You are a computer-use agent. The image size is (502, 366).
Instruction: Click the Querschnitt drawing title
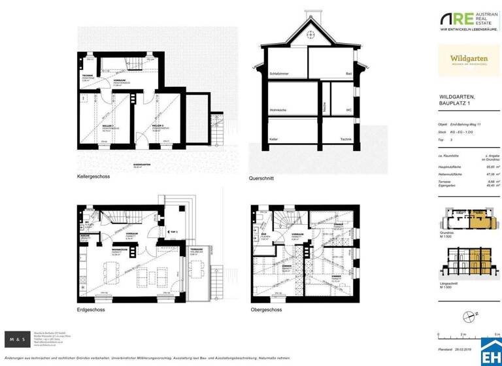pyautogui.click(x=261, y=178)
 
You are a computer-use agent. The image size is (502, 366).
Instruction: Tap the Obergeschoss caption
pyautogui.click(x=266, y=309)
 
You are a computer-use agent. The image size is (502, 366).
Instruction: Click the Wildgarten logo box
pyautogui.click(x=469, y=61)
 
